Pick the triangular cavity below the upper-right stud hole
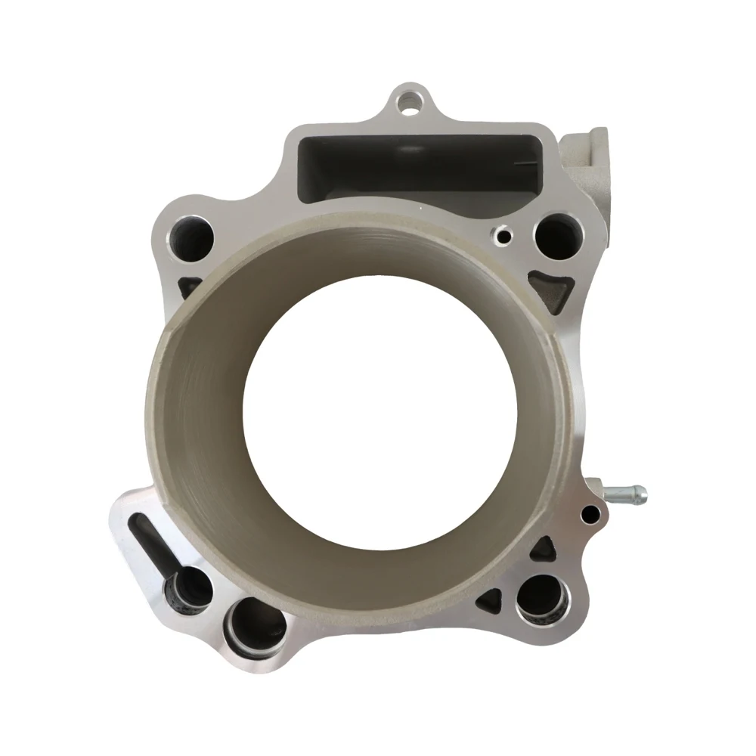[550, 290]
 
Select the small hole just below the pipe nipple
[590, 515]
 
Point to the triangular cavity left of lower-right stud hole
[490, 601]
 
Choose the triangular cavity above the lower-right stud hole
[543, 550]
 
